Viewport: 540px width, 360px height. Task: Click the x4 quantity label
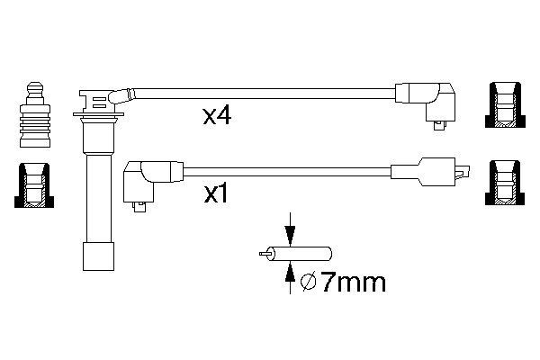pyautogui.click(x=217, y=116)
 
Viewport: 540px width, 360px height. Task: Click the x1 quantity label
pyautogui.click(x=216, y=194)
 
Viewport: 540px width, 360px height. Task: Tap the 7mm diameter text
pyautogui.click(x=354, y=283)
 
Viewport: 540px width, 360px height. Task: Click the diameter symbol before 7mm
pyautogui.click(x=308, y=283)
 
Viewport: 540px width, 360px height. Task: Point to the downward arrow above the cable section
pyautogui.click(x=291, y=229)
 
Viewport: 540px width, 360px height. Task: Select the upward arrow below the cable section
pyautogui.click(x=291, y=278)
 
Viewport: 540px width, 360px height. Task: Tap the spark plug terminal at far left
pyautogui.click(x=35, y=114)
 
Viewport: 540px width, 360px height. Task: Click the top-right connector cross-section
pyautogui.click(x=505, y=104)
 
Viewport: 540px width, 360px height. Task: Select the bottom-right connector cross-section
pyautogui.click(x=505, y=183)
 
